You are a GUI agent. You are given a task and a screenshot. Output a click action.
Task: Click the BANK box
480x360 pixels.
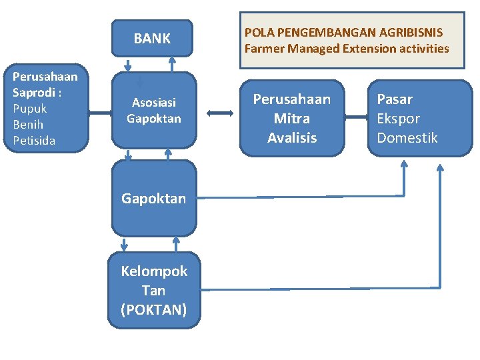152,39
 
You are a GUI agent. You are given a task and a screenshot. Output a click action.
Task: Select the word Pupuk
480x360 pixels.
30,109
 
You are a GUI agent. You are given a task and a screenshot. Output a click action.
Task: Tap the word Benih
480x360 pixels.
28,125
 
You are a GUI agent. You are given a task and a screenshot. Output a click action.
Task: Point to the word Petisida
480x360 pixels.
34,141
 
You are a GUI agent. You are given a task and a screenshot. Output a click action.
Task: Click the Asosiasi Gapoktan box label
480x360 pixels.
154,111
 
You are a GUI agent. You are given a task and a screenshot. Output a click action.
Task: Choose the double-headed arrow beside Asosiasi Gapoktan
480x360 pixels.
219,113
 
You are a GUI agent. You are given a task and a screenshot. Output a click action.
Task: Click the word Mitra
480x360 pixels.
291,119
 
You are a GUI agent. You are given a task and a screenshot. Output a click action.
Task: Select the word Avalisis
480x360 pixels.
292,138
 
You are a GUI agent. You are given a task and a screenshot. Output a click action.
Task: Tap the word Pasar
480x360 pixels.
395,99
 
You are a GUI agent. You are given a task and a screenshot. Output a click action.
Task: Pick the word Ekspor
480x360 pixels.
399,119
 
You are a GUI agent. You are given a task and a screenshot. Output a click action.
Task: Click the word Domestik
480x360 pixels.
407,138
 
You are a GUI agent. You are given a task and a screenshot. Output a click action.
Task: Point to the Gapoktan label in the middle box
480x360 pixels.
153,199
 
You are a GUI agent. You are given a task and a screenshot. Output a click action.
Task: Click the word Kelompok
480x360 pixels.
154,271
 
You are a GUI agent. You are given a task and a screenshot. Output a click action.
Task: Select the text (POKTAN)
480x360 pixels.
154,310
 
